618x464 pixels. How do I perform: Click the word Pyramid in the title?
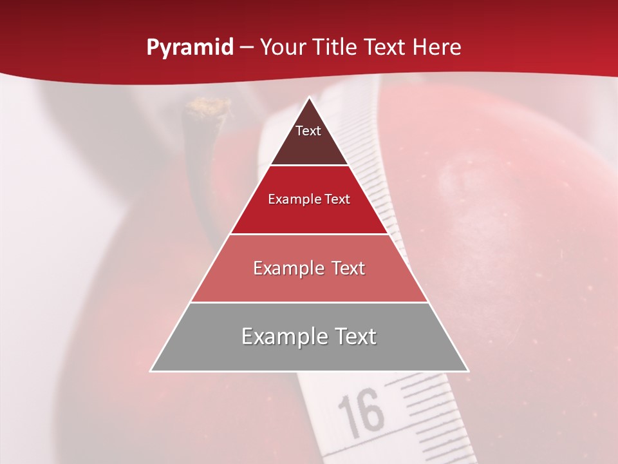tap(190, 48)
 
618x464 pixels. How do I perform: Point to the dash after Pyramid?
tap(247, 48)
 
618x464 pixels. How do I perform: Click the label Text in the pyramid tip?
tap(308, 131)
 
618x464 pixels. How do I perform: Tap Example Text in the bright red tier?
tap(309, 199)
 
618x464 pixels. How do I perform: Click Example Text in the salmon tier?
tap(309, 268)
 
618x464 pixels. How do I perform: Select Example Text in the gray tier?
tap(309, 336)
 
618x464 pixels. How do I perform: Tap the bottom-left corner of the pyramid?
tap(151, 371)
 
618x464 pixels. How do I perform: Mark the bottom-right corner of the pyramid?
tap(468, 371)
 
